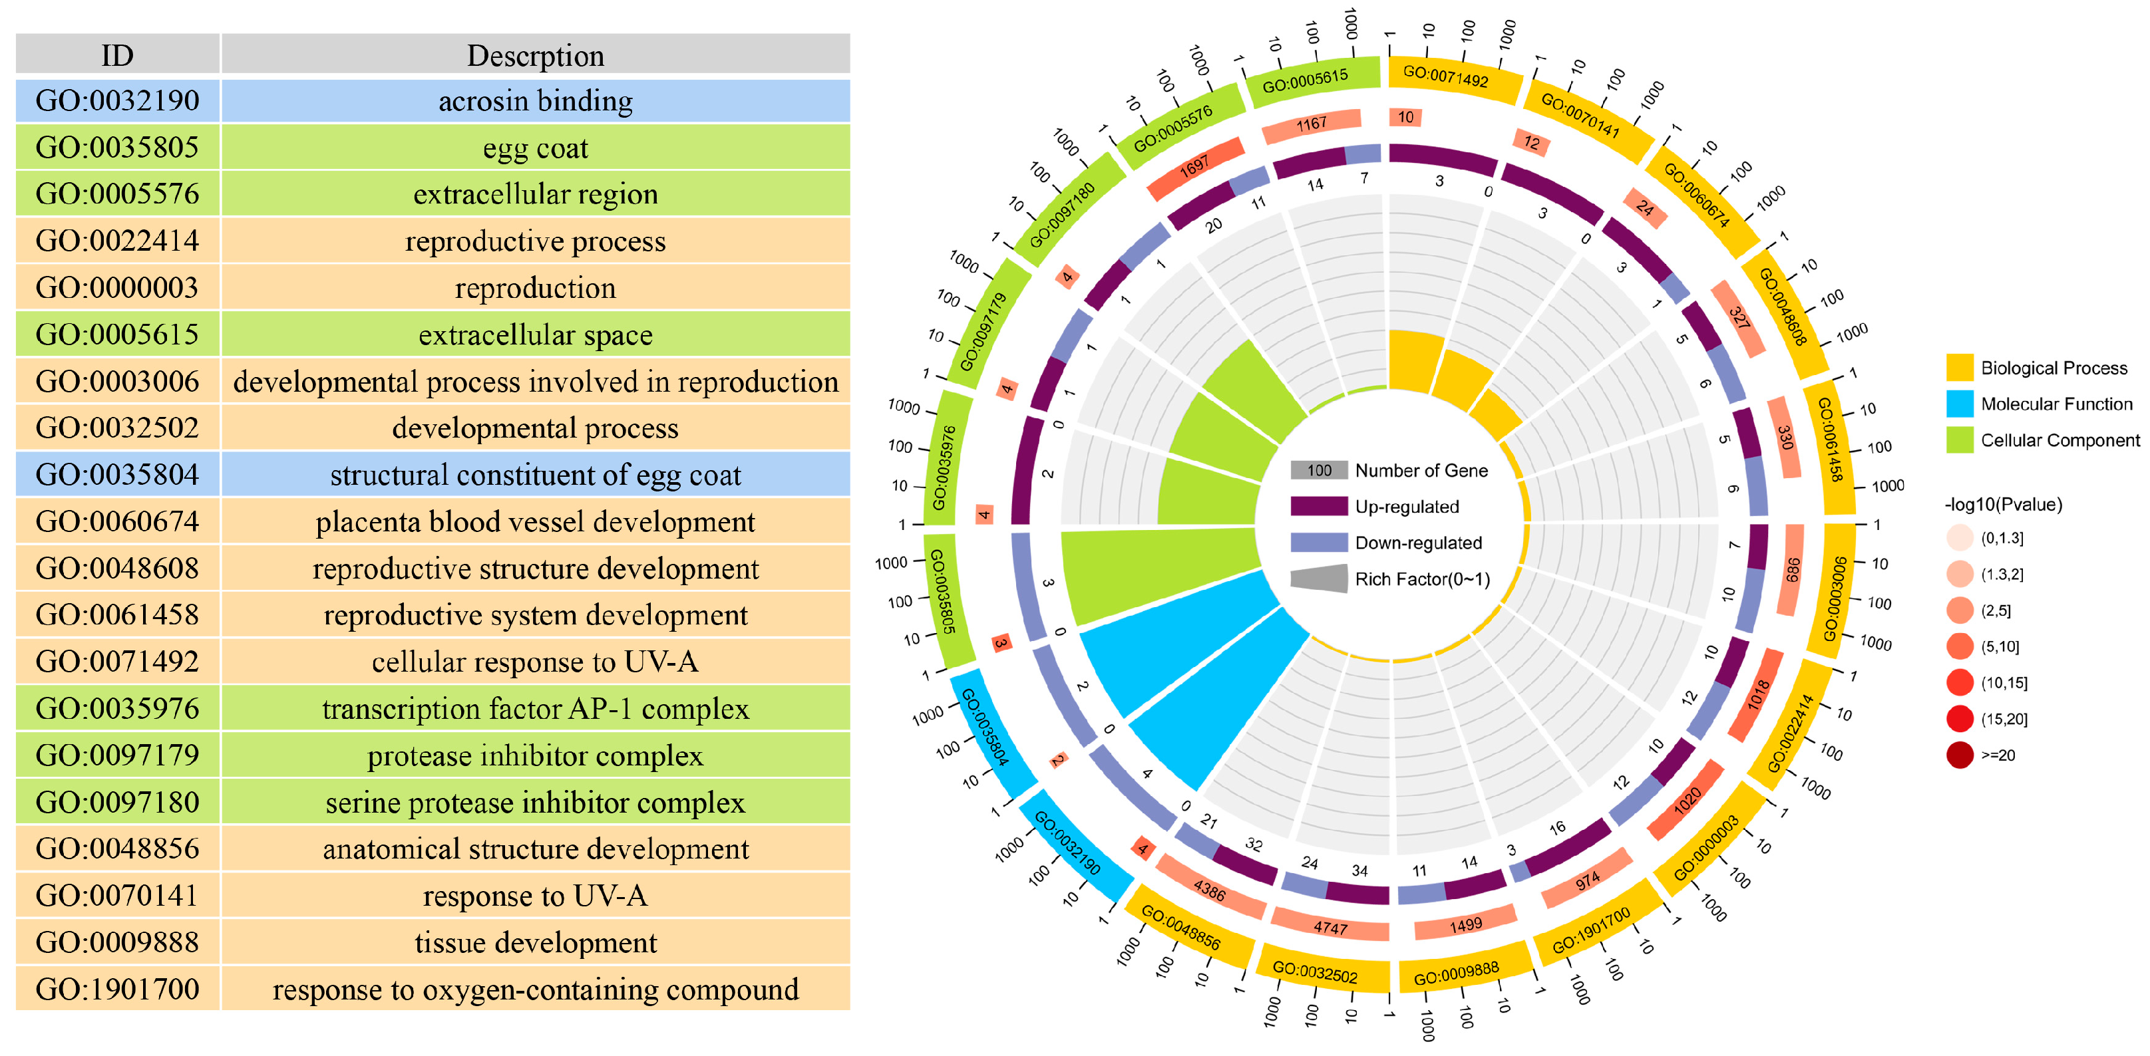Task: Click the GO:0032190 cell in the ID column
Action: pyautogui.click(x=118, y=101)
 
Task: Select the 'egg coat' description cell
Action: pyautogui.click(x=535, y=148)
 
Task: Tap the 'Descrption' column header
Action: pyautogui.click(x=535, y=55)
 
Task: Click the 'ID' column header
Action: pyautogui.click(x=118, y=55)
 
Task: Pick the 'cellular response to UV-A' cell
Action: pyautogui.click(x=535, y=662)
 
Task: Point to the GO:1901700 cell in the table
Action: pyautogui.click(x=118, y=990)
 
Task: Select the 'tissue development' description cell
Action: pyautogui.click(x=535, y=942)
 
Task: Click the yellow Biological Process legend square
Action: pyautogui.click(x=1959, y=368)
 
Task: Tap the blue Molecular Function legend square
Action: pyautogui.click(x=1959, y=404)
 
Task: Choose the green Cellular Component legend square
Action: pyautogui.click(x=1959, y=440)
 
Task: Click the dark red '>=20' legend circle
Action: pyautogui.click(x=1959, y=755)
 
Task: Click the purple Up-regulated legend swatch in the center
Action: pyautogui.click(x=1319, y=506)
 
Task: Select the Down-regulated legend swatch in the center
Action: pyautogui.click(x=1319, y=542)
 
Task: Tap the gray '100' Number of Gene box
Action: pyautogui.click(x=1319, y=470)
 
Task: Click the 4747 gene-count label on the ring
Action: pyautogui.click(x=1330, y=927)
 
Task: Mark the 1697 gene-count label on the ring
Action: pyautogui.click(x=1194, y=167)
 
